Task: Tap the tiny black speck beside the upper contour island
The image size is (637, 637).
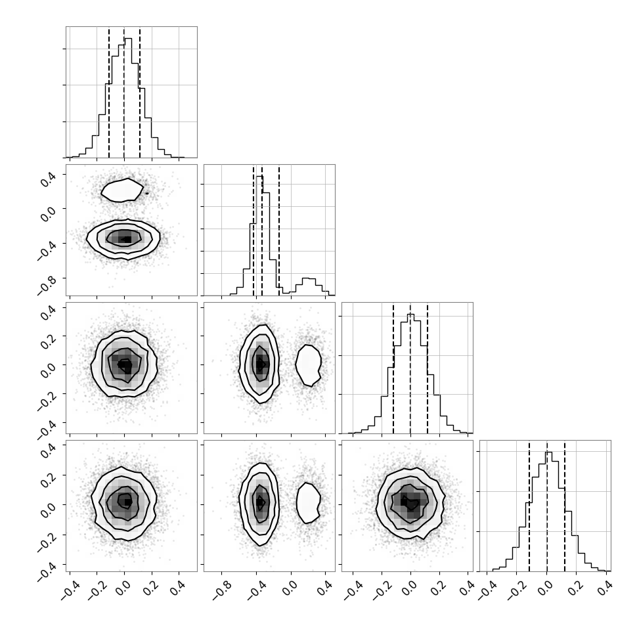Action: pos(147,193)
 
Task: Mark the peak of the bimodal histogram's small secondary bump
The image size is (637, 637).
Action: pos(309,278)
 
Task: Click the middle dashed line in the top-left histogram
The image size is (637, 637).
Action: pos(124,92)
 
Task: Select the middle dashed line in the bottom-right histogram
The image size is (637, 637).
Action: pos(547,506)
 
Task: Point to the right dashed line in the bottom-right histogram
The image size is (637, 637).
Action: pos(565,506)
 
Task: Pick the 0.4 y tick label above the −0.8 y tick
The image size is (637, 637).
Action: pos(48,179)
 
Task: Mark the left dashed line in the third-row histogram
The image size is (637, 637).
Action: pos(393,368)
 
